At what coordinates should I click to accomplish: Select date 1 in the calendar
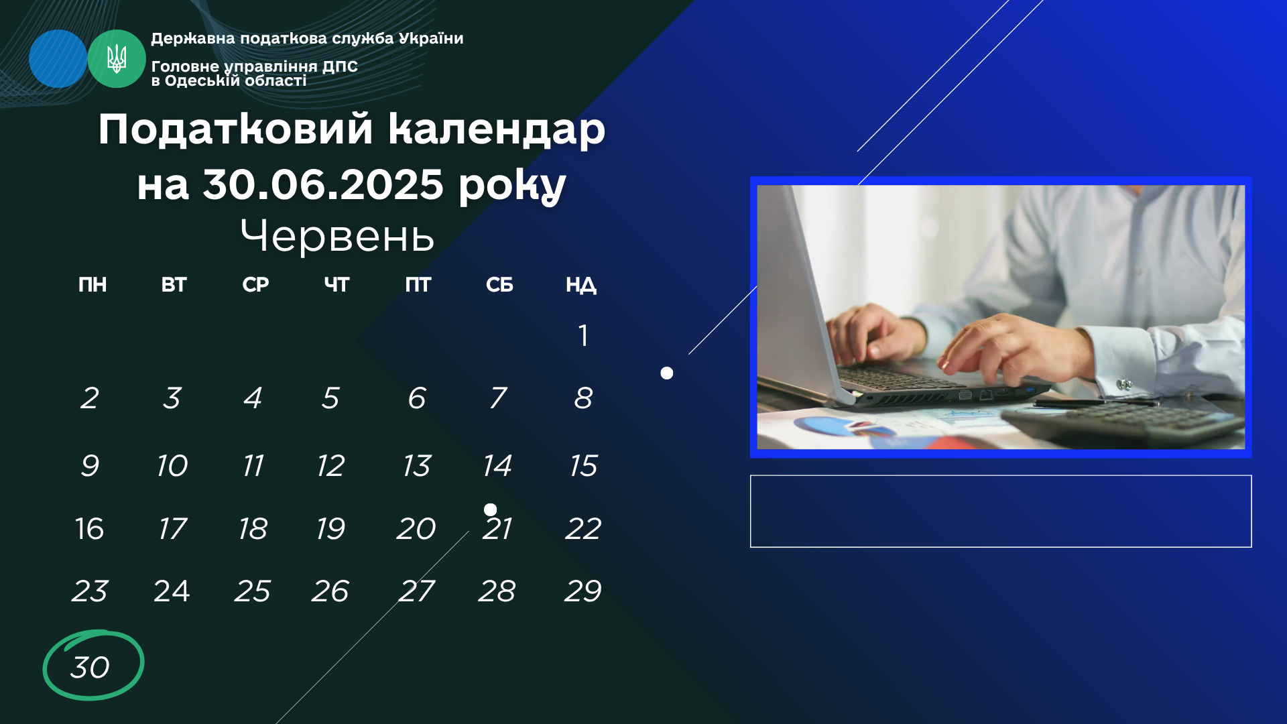click(x=583, y=335)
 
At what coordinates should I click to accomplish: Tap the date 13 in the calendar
click(x=417, y=465)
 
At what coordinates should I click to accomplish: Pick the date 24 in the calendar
click(x=172, y=591)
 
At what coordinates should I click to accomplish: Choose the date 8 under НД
click(x=583, y=398)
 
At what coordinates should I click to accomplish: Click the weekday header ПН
click(x=93, y=285)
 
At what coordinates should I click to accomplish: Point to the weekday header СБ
click(x=499, y=285)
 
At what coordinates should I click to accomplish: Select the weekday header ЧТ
click(x=336, y=285)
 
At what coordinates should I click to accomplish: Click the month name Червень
click(x=337, y=236)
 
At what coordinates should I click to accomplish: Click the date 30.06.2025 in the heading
click(x=323, y=184)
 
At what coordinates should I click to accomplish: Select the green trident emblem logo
click(x=117, y=59)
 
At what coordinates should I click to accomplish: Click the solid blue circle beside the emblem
click(x=58, y=59)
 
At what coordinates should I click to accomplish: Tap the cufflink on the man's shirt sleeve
click(x=1124, y=385)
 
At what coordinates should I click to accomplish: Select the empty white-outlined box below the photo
click(x=1001, y=511)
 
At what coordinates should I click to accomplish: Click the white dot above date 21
click(x=491, y=509)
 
